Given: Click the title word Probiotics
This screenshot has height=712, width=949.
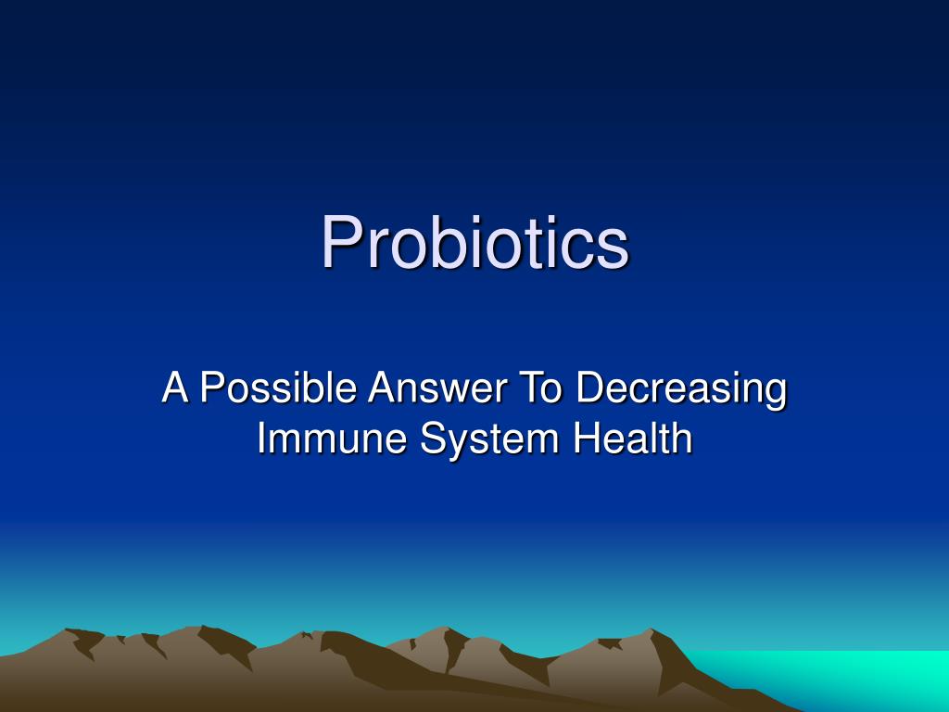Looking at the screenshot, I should coord(474,243).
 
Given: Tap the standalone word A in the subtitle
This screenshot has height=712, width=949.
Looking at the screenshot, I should coord(175,388).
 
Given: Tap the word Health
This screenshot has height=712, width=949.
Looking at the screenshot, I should coord(633,439).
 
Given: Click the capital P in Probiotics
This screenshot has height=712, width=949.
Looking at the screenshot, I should coord(340,242).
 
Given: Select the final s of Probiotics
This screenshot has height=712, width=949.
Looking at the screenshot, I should coord(614,246).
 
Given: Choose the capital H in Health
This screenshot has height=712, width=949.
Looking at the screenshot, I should coord(586,439).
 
